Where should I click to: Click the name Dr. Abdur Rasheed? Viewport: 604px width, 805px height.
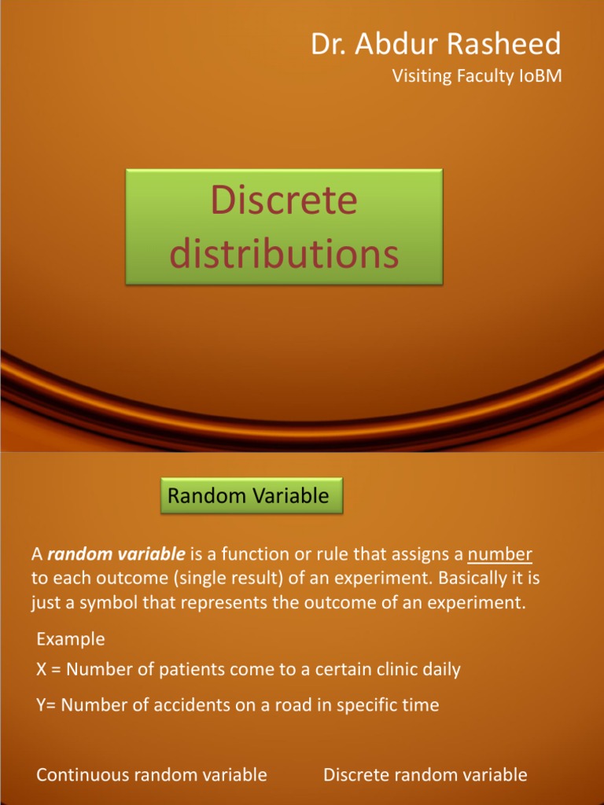tap(436, 44)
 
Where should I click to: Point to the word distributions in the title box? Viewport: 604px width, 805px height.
tap(285, 254)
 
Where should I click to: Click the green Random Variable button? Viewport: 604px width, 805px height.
tap(249, 495)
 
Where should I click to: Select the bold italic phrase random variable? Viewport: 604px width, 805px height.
tap(116, 555)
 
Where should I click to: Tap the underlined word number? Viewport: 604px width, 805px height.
tap(499, 555)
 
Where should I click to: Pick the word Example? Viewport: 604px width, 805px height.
tap(71, 639)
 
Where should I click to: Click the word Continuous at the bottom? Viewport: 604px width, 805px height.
tap(83, 775)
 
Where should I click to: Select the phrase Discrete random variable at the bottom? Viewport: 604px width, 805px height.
tap(425, 775)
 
